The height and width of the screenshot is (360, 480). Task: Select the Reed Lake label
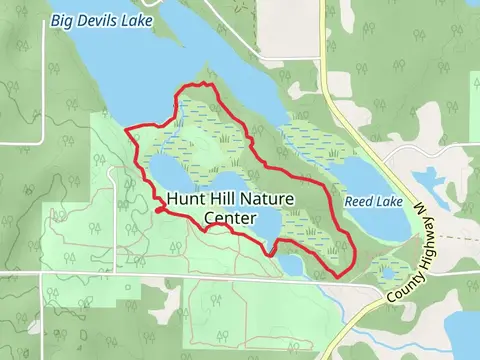click(373, 201)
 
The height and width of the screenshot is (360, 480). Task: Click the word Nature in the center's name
click(267, 199)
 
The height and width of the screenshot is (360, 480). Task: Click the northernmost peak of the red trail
click(203, 84)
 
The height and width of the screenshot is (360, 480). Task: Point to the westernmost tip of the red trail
click(126, 130)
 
